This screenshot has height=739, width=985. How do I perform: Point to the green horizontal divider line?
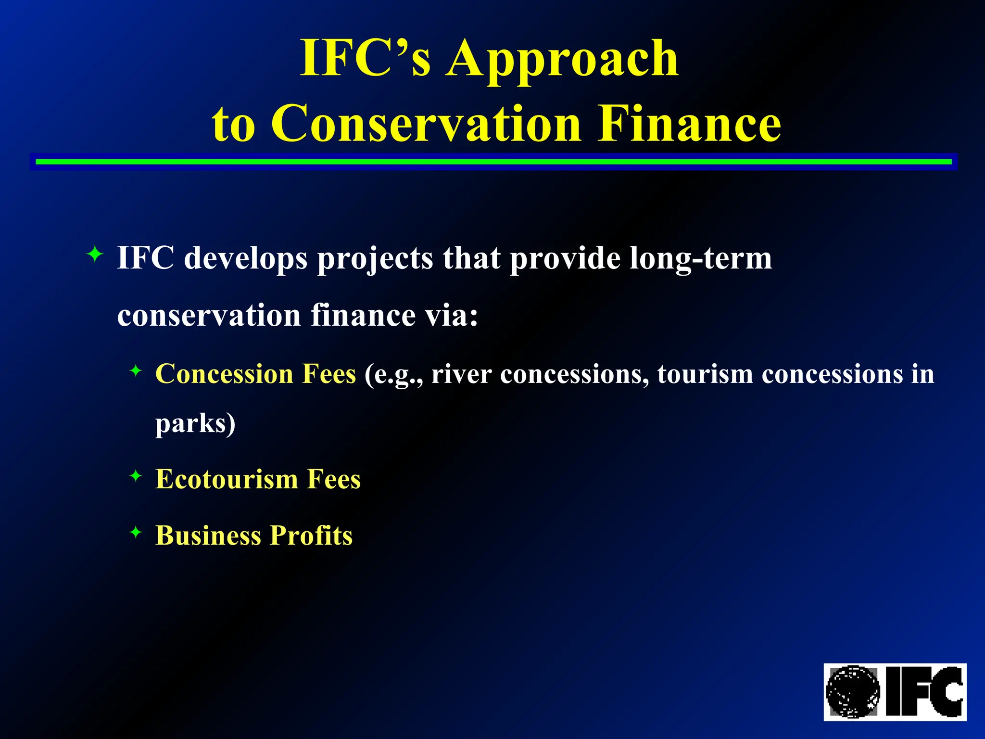pos(493,162)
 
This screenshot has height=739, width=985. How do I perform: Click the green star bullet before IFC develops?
pos(95,254)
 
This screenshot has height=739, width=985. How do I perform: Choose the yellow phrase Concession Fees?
pos(255,374)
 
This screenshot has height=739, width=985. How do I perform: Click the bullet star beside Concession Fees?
pos(136,370)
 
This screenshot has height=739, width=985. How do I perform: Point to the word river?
pos(461,374)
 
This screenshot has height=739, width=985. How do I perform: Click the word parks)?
pos(195,424)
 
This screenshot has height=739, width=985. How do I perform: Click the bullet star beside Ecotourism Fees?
pos(136,476)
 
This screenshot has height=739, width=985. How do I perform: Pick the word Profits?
pos(311,535)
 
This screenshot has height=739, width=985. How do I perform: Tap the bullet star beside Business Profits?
pos(136,532)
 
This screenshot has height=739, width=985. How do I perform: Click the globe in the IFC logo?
pos(853,692)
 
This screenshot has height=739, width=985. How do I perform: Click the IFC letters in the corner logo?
pos(923,692)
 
